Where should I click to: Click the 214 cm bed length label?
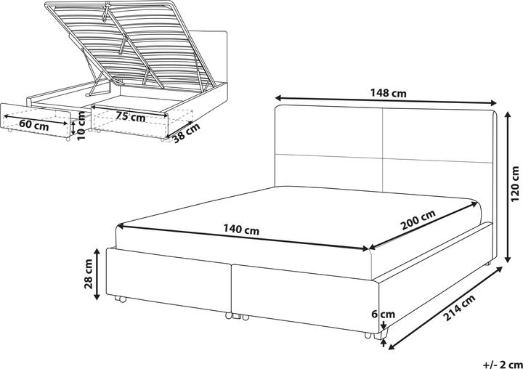click(x=460, y=309)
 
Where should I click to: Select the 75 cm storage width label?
click(x=130, y=116)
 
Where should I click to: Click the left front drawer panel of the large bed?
click(x=169, y=280)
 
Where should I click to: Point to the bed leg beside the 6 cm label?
click(x=385, y=336)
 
